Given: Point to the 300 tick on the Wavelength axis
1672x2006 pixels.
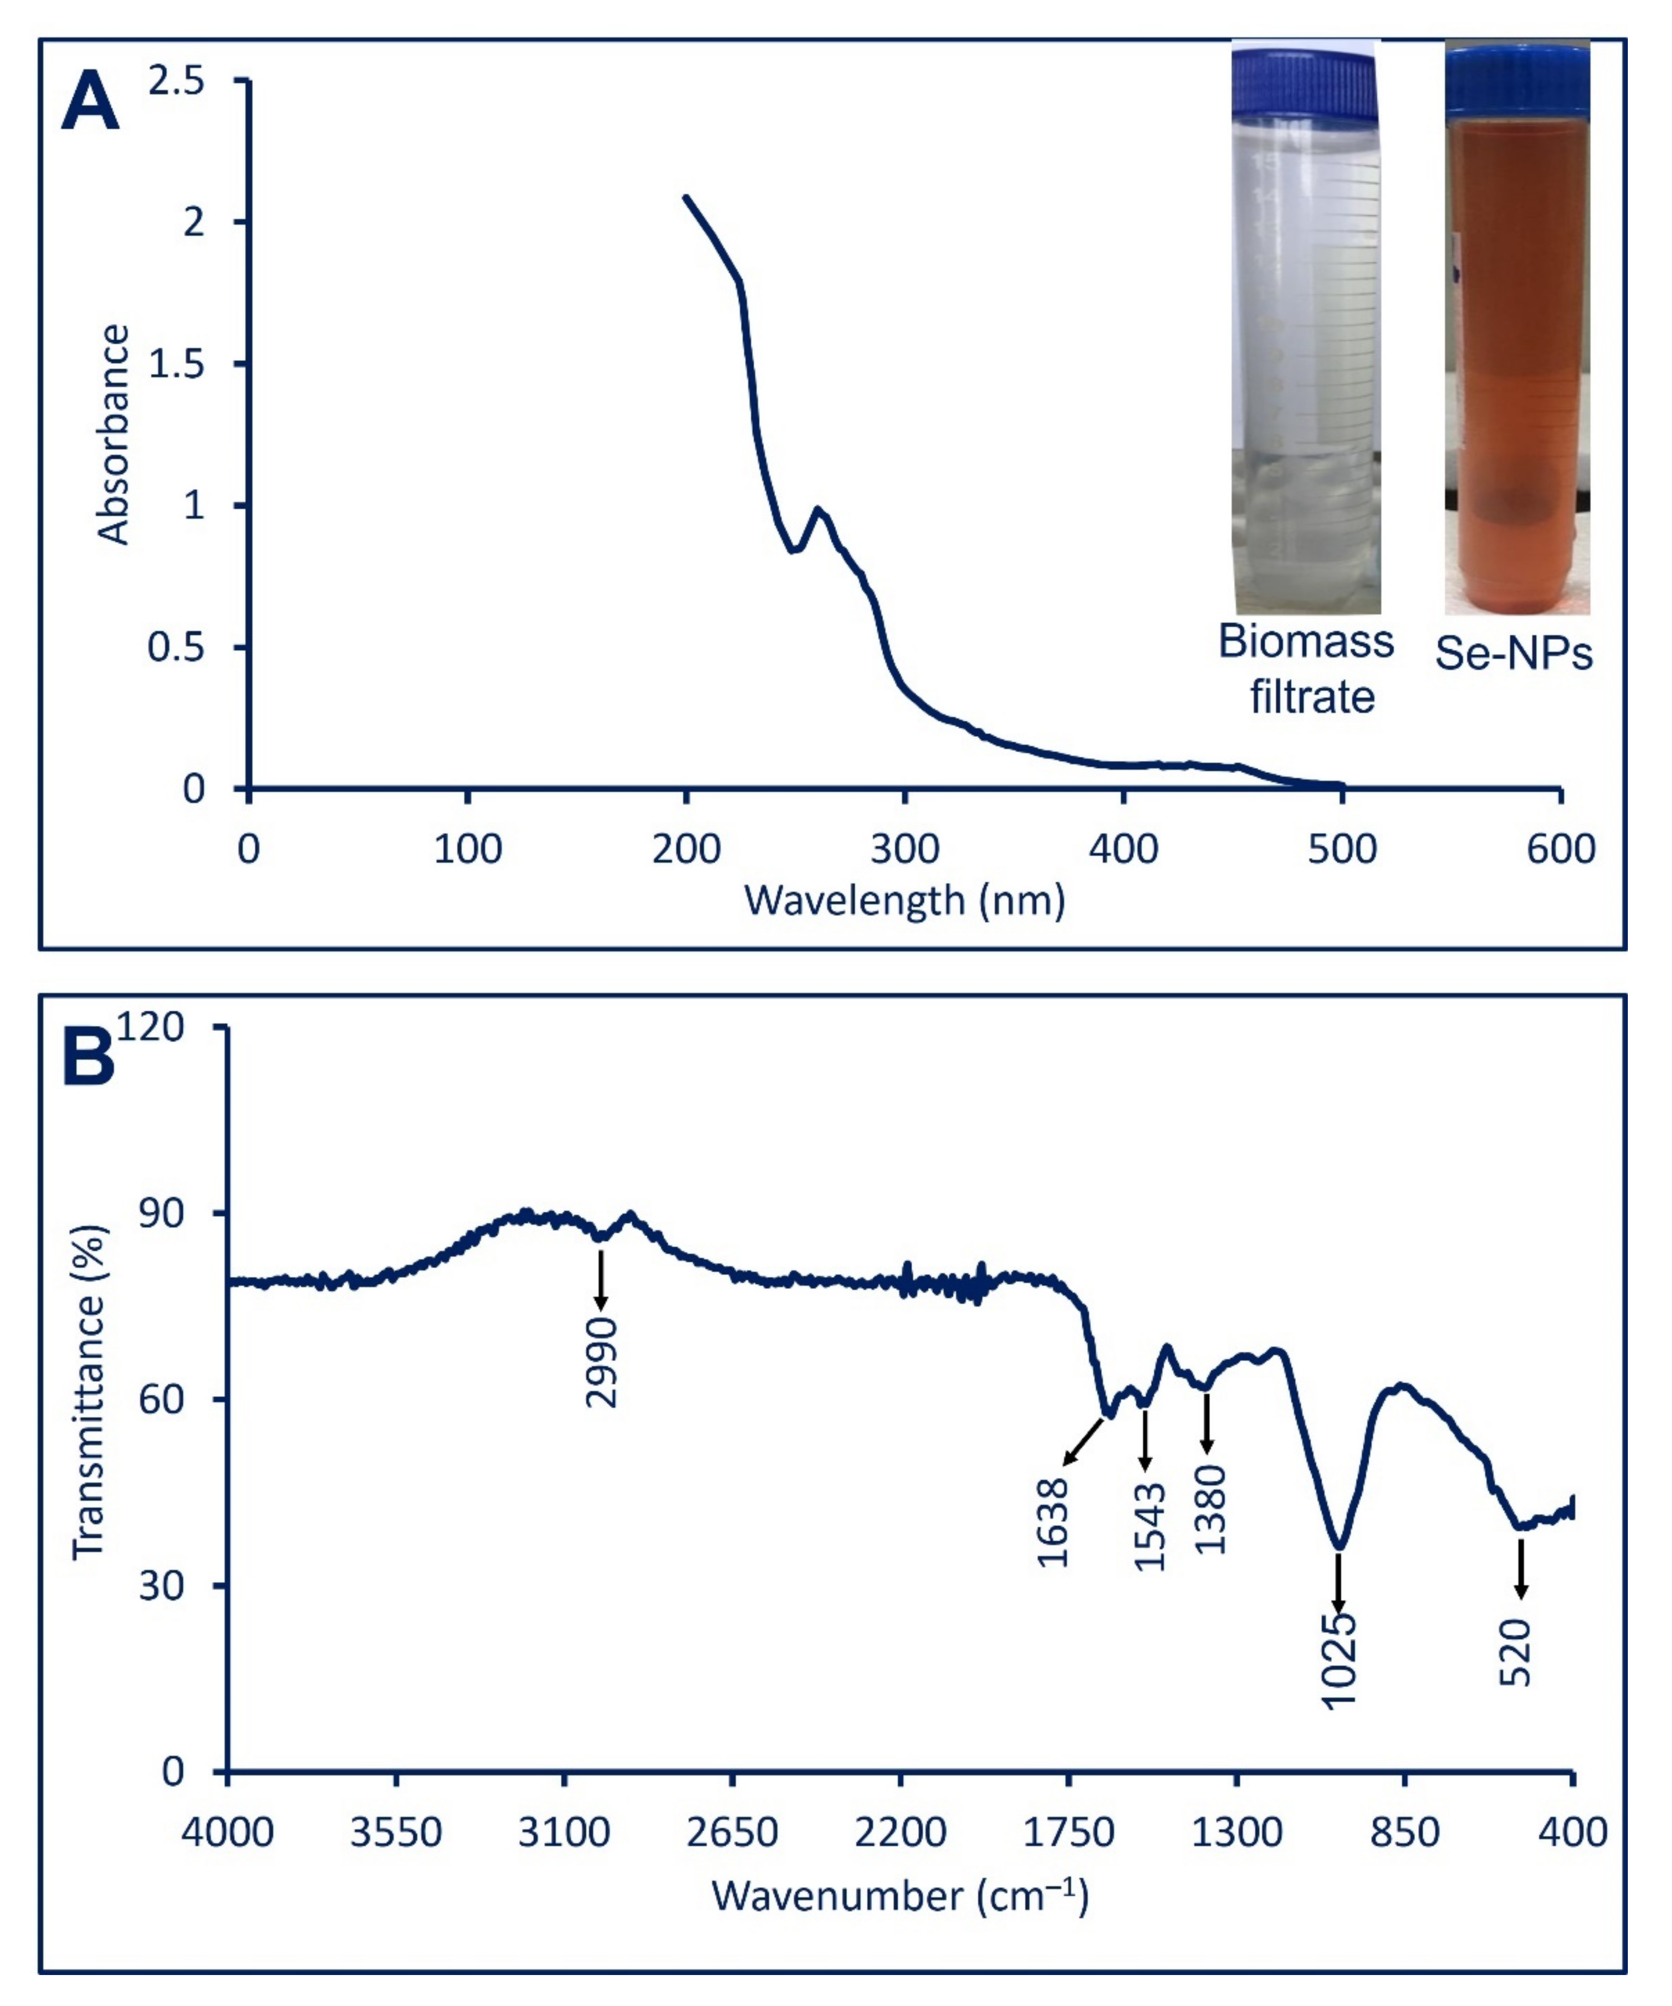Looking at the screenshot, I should (x=905, y=848).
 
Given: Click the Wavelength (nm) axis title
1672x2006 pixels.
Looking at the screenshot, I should (x=905, y=901).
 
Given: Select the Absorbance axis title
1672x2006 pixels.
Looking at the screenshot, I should (x=113, y=435).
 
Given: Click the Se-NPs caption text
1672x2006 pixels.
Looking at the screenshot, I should (x=1515, y=654).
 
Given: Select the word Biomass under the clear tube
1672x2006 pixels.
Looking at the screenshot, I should (x=1306, y=641).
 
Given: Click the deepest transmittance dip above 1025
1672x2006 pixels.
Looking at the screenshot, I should (x=1340, y=1545).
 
